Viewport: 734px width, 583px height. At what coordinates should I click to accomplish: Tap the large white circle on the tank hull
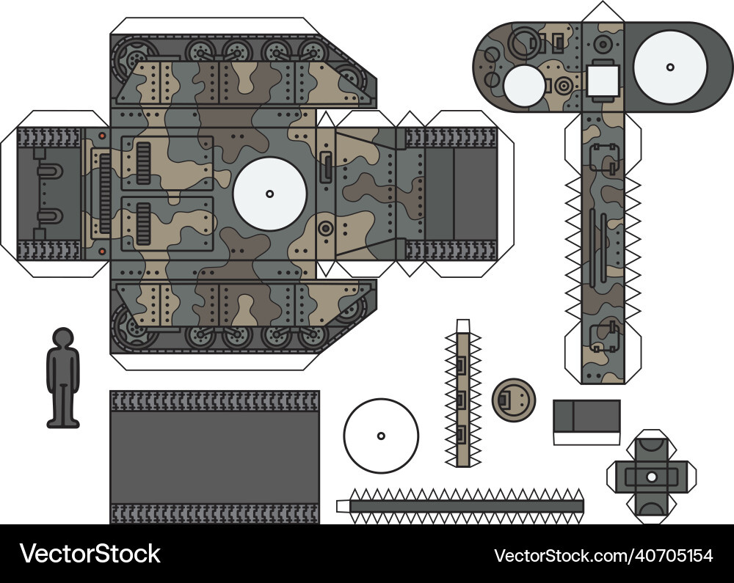click(269, 194)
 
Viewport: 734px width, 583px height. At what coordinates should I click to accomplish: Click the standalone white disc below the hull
click(381, 436)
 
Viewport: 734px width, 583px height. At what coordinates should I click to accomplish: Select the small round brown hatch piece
click(512, 400)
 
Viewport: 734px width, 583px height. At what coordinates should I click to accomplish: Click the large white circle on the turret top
click(669, 67)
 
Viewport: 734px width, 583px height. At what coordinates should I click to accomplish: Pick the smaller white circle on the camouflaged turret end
click(524, 84)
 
